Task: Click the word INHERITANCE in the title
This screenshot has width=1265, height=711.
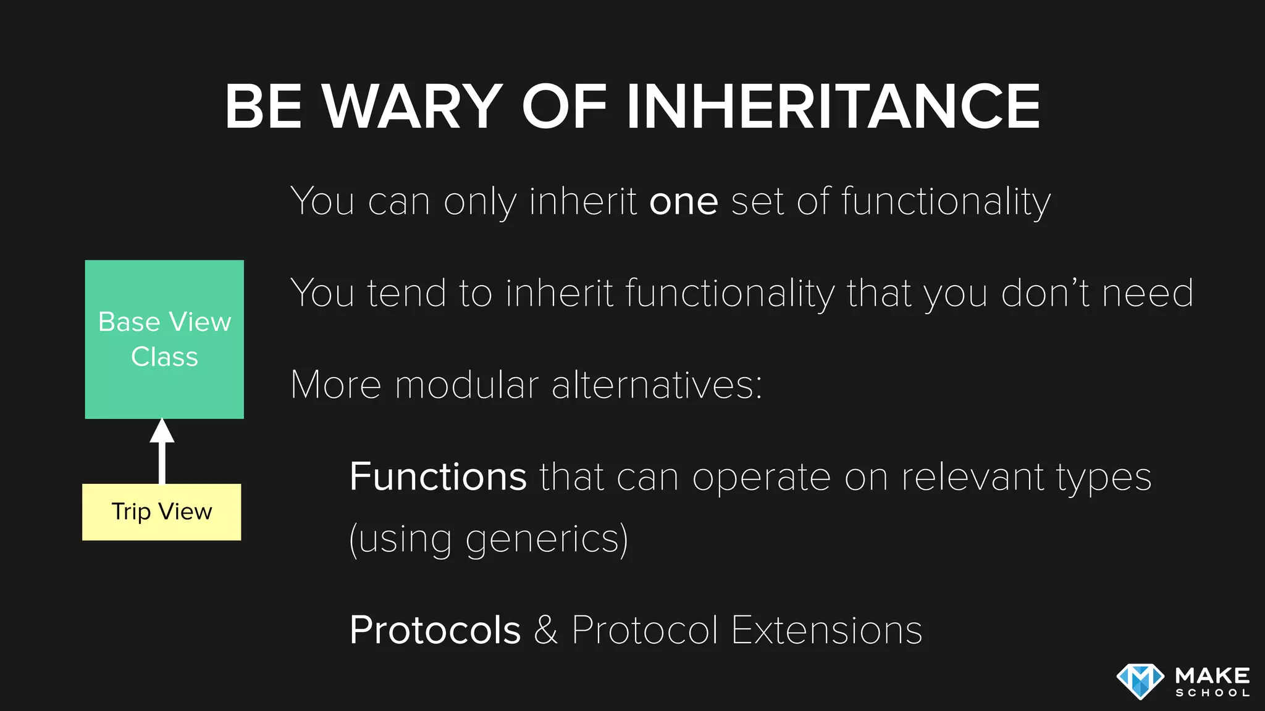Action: [833, 107]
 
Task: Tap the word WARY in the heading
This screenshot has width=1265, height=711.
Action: [412, 107]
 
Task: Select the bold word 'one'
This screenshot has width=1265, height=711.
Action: [684, 202]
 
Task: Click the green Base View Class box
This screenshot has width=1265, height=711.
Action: [164, 339]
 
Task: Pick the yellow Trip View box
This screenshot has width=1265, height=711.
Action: [162, 512]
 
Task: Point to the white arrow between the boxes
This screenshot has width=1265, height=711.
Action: [162, 452]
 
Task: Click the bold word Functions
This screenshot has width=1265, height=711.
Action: [438, 476]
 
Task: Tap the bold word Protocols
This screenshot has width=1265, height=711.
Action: [435, 630]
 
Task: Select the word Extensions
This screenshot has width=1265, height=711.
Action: [826, 630]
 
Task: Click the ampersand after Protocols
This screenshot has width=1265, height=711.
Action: [546, 630]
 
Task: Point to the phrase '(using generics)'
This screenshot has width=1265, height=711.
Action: [489, 539]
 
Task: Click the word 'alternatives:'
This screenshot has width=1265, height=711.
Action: [657, 385]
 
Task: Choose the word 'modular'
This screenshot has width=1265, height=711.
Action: [467, 385]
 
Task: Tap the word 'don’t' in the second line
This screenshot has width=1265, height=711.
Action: [1045, 293]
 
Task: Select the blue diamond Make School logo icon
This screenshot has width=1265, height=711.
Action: [1140, 681]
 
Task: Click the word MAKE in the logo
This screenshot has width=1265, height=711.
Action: [1212, 675]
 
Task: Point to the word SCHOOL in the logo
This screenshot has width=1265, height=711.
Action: [1212, 693]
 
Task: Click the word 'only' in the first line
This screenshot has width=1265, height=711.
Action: [480, 202]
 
